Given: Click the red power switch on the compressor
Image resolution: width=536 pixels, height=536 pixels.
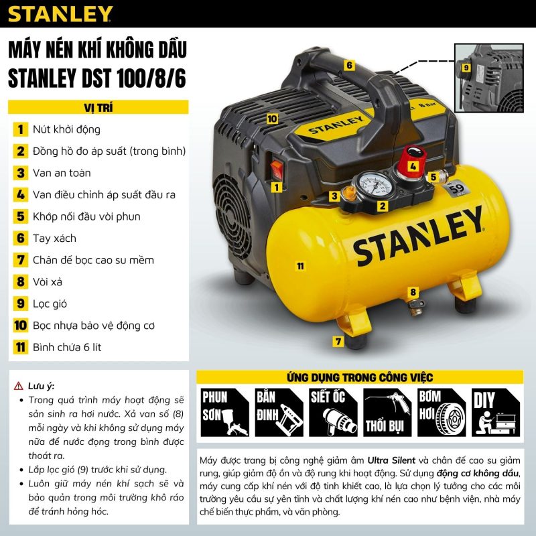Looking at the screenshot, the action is click(x=277, y=170).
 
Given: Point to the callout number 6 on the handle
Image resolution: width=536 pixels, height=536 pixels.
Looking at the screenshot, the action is click(x=349, y=65).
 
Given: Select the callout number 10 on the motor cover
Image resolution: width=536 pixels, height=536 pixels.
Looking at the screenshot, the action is click(x=272, y=119).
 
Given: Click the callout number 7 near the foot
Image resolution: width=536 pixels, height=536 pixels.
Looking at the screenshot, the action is click(x=338, y=341).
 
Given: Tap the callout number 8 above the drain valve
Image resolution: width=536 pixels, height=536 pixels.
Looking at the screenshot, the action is click(x=413, y=292).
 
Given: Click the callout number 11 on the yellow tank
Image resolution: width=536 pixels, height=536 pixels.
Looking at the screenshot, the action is click(x=300, y=266).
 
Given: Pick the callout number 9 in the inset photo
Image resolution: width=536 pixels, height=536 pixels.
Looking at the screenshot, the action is click(x=466, y=68).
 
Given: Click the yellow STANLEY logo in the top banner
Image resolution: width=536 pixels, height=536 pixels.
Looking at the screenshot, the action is click(x=60, y=13).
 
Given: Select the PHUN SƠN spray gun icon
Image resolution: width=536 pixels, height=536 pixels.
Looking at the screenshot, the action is click(x=224, y=412).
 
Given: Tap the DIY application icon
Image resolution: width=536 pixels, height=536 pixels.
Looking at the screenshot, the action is click(x=496, y=412).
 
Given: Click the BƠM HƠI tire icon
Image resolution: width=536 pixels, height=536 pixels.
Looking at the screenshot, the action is click(x=442, y=412).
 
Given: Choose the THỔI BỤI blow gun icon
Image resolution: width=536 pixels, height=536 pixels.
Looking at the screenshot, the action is click(x=387, y=412).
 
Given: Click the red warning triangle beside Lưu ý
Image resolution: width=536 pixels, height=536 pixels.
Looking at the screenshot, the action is click(x=19, y=386).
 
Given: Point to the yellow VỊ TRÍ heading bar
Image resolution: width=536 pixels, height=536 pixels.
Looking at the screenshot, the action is click(x=98, y=107).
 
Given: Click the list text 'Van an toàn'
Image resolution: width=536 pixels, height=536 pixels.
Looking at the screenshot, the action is click(x=62, y=173).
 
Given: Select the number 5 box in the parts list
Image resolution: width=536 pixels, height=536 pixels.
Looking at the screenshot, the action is click(x=21, y=216).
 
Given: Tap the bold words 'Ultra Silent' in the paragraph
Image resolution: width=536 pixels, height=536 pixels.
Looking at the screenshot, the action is click(x=391, y=460).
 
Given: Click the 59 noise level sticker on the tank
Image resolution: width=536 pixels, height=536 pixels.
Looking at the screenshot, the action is click(x=456, y=188).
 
